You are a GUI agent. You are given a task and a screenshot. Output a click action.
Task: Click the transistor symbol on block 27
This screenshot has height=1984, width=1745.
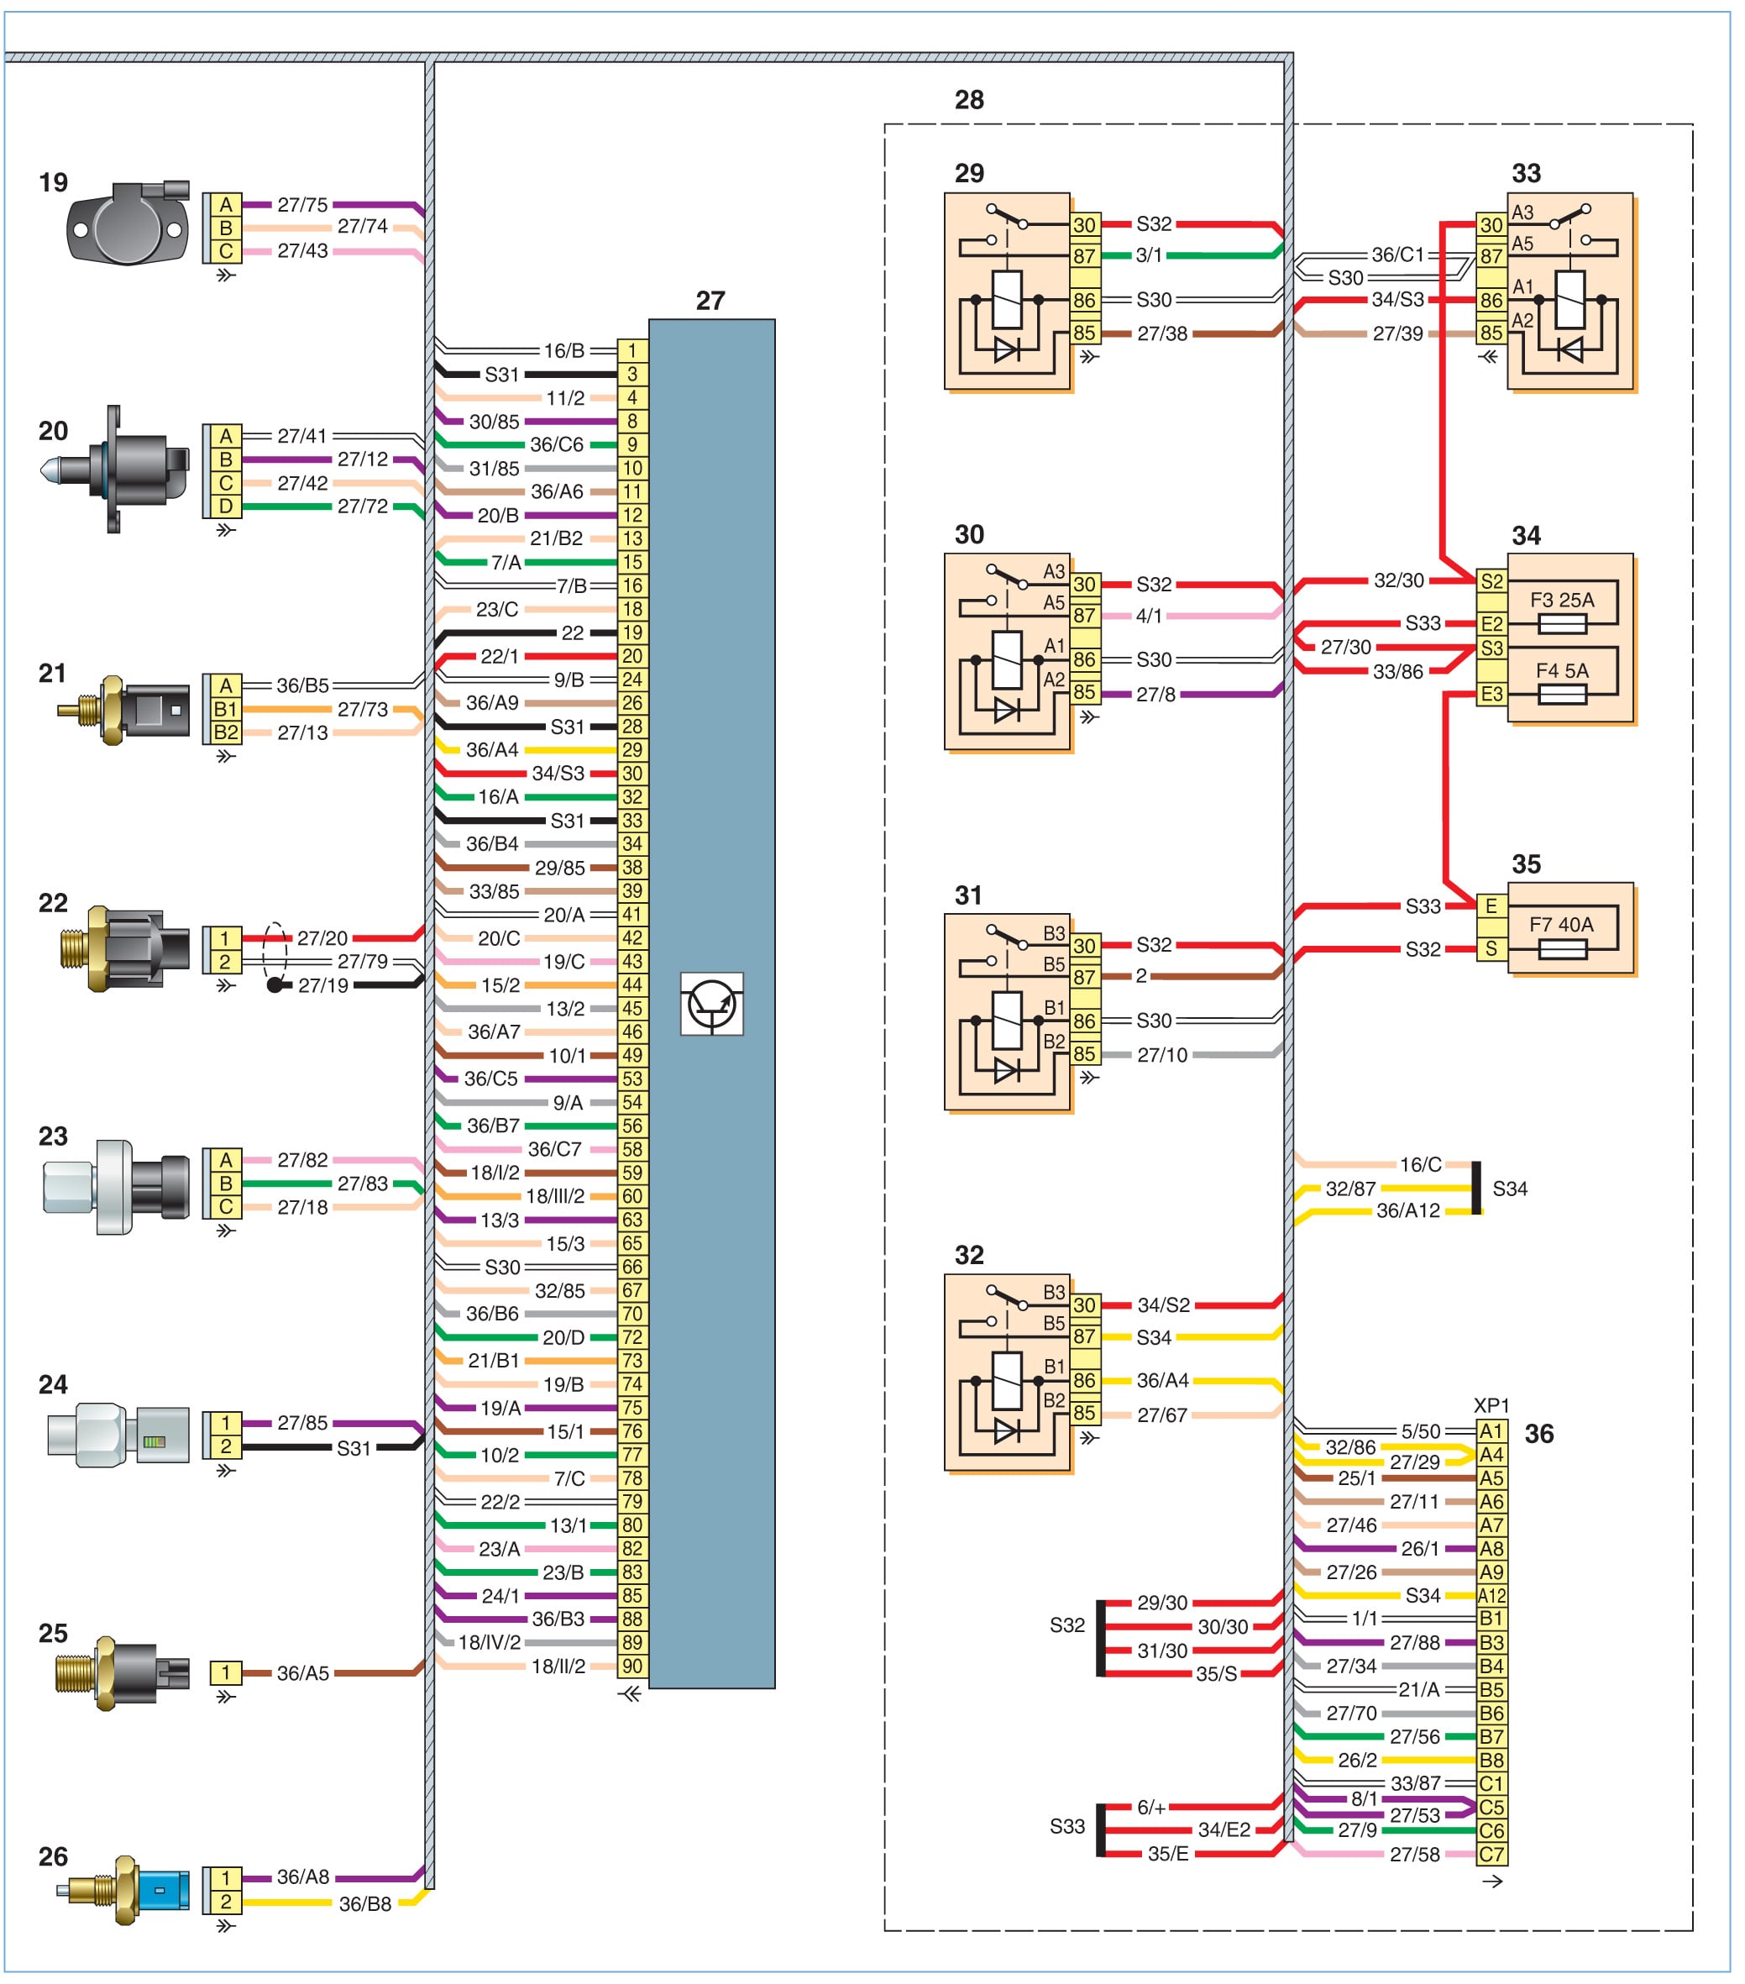click(711, 1004)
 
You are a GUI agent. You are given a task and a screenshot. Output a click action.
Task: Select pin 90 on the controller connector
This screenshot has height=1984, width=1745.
click(631, 1666)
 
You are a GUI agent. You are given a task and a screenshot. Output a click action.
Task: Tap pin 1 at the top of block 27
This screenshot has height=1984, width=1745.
click(631, 350)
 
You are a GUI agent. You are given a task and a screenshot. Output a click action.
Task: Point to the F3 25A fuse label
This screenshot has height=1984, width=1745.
click(1562, 600)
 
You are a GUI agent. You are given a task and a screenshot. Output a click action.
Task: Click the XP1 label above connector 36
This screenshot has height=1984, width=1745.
click(1491, 1405)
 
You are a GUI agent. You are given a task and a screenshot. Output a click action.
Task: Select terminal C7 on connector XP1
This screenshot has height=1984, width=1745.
click(1491, 1854)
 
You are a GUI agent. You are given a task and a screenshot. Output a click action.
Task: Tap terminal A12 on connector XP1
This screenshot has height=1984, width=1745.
click(1491, 1596)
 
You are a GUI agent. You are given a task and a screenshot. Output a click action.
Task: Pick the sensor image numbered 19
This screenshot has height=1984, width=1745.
click(127, 223)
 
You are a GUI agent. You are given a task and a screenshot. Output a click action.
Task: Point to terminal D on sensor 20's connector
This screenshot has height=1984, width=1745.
click(225, 506)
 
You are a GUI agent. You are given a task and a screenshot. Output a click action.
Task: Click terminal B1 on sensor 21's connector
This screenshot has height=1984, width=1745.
click(225, 709)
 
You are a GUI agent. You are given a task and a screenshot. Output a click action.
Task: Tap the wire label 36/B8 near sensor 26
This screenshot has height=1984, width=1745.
click(365, 1903)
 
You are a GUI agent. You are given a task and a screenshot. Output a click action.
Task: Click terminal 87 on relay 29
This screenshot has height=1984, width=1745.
click(1084, 256)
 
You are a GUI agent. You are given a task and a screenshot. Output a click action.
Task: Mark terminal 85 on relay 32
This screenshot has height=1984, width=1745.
click(1084, 1414)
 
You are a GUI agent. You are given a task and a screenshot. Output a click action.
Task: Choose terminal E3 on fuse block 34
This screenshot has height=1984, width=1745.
click(1491, 694)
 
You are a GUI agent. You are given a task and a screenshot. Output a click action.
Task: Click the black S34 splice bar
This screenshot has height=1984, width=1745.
click(1476, 1188)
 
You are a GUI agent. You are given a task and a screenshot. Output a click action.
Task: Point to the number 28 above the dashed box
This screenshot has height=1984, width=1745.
click(968, 100)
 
